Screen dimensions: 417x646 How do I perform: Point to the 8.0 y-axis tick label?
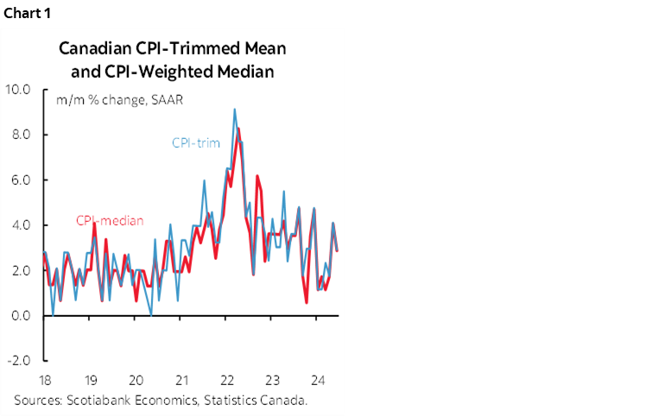pyautogui.click(x=20, y=135)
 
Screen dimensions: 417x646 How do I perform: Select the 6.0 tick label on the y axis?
pyautogui.click(x=20, y=180)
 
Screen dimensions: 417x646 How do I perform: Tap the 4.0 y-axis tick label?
pyautogui.click(x=20, y=225)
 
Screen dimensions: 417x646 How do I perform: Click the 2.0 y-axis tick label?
pyautogui.click(x=20, y=270)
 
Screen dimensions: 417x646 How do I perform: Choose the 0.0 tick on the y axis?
pyautogui.click(x=20, y=316)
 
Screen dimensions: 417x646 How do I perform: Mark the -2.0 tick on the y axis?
pyautogui.click(x=18, y=361)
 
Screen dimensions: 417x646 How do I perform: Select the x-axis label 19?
pyautogui.click(x=91, y=380)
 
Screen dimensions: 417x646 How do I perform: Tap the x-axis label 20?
pyautogui.click(x=136, y=380)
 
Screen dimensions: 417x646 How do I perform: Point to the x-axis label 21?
pyautogui.click(x=181, y=380)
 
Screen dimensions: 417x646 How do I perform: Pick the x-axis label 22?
pyautogui.click(x=226, y=380)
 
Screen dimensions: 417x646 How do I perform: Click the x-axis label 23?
pyautogui.click(x=271, y=380)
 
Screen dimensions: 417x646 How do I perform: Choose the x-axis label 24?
pyautogui.click(x=316, y=380)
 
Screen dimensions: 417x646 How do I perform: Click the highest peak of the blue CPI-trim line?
pyautogui.click(x=234, y=110)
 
